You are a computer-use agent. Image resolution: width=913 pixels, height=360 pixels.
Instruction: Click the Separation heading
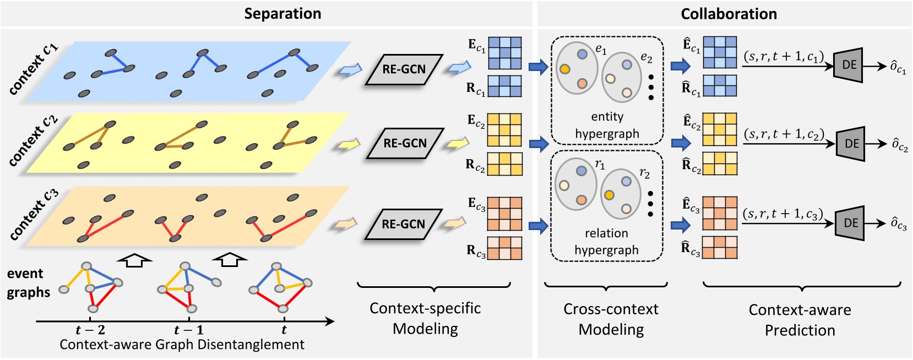click(x=282, y=14)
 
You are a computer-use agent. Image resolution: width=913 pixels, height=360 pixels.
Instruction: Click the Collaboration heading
click(x=729, y=14)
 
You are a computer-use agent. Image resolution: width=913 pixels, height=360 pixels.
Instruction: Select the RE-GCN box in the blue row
click(x=404, y=69)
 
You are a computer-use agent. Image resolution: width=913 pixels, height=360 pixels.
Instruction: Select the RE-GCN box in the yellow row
click(x=405, y=143)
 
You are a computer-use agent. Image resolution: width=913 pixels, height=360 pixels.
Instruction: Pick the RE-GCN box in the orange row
click(x=404, y=224)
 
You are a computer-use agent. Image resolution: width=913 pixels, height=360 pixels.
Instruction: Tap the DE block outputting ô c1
click(x=848, y=65)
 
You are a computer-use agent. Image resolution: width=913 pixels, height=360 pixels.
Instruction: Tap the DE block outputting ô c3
click(x=850, y=223)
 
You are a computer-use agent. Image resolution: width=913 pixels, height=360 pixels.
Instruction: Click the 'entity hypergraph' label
click(x=607, y=125)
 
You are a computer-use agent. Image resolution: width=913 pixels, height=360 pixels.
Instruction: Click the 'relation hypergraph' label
click(x=606, y=242)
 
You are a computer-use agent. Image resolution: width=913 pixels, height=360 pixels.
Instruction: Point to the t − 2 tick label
click(x=90, y=330)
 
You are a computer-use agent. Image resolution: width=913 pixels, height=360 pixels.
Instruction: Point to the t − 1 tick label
click(x=188, y=330)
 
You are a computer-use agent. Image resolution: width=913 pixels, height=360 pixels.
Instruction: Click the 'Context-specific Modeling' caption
click(x=425, y=318)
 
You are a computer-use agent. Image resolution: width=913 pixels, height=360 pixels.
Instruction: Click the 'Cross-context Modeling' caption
click(x=611, y=319)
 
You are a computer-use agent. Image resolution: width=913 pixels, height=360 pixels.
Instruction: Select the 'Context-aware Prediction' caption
click(x=800, y=320)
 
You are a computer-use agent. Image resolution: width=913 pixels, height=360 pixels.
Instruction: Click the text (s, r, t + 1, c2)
click(x=784, y=134)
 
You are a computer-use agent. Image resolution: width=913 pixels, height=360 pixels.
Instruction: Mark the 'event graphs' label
click(x=28, y=282)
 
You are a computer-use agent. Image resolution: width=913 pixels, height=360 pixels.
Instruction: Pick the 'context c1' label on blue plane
click(x=33, y=69)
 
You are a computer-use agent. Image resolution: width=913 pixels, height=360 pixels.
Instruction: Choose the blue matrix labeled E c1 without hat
click(x=504, y=53)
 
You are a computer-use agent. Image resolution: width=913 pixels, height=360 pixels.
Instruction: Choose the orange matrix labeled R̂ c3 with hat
click(x=720, y=247)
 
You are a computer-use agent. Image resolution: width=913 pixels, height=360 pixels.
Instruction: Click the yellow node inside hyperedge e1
click(x=564, y=69)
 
